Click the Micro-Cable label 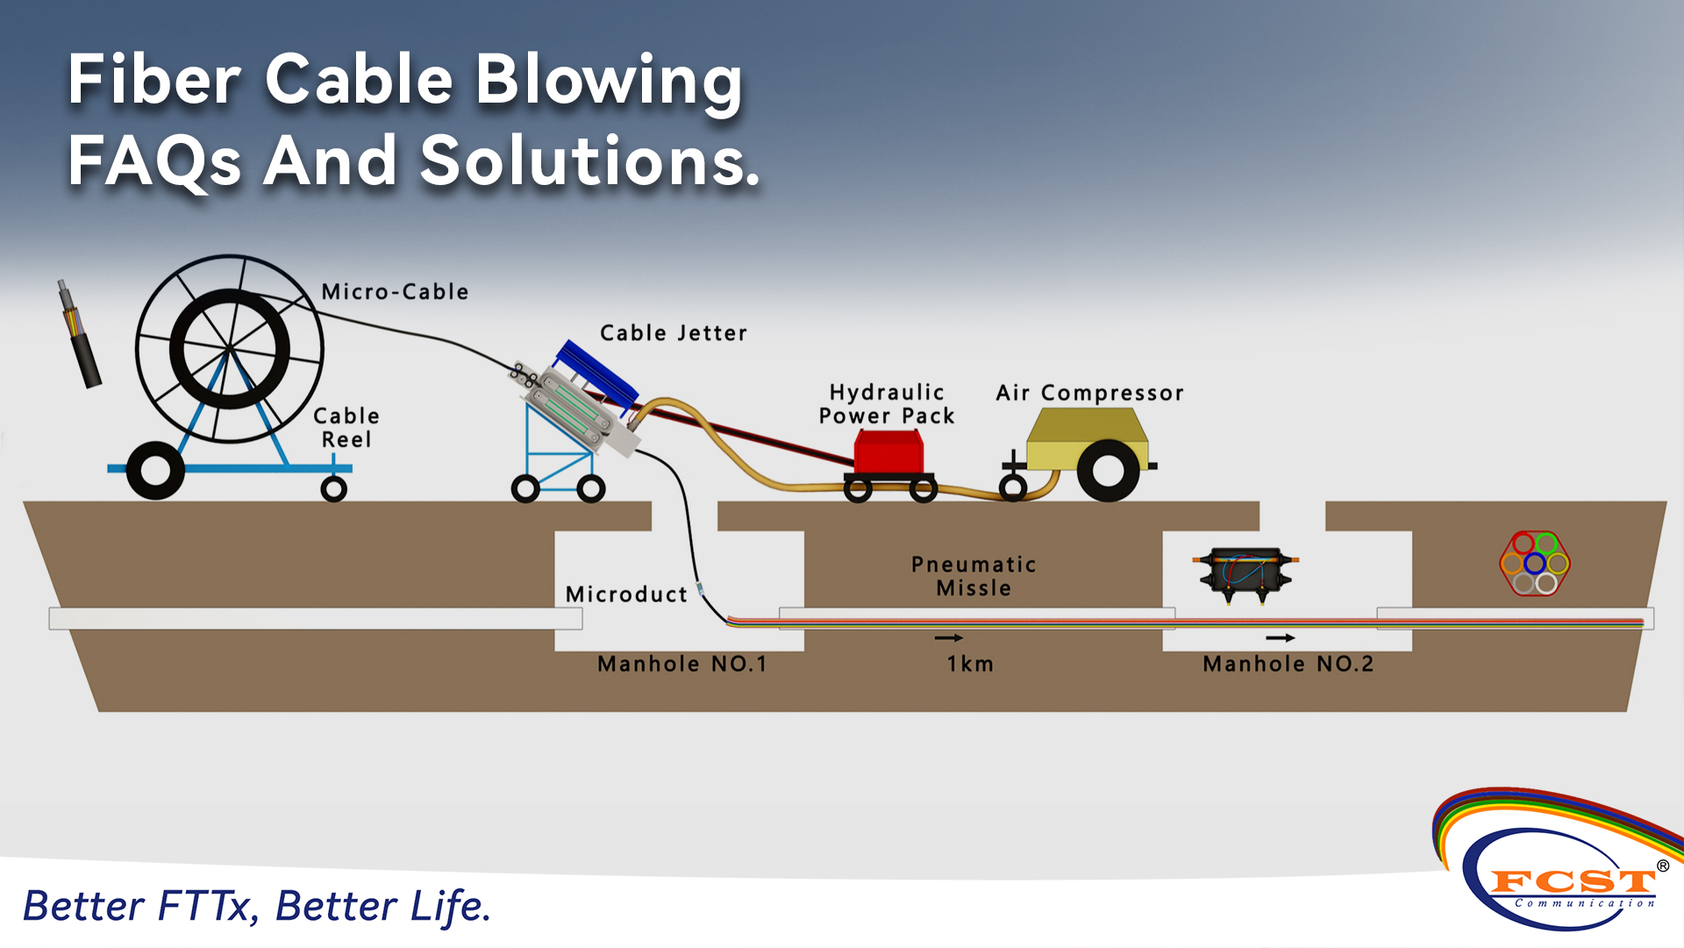(395, 291)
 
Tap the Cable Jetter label (673, 333)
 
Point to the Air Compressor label (1089, 393)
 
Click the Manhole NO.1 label (682, 664)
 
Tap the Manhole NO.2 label (1288, 664)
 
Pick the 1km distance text (970, 664)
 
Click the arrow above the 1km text (949, 638)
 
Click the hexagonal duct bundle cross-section (1535, 563)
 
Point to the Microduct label (626, 595)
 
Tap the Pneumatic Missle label (974, 576)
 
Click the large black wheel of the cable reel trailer (155, 471)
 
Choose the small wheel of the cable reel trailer (333, 488)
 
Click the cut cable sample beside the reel (81, 335)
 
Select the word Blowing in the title (609, 81)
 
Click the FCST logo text (1572, 880)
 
